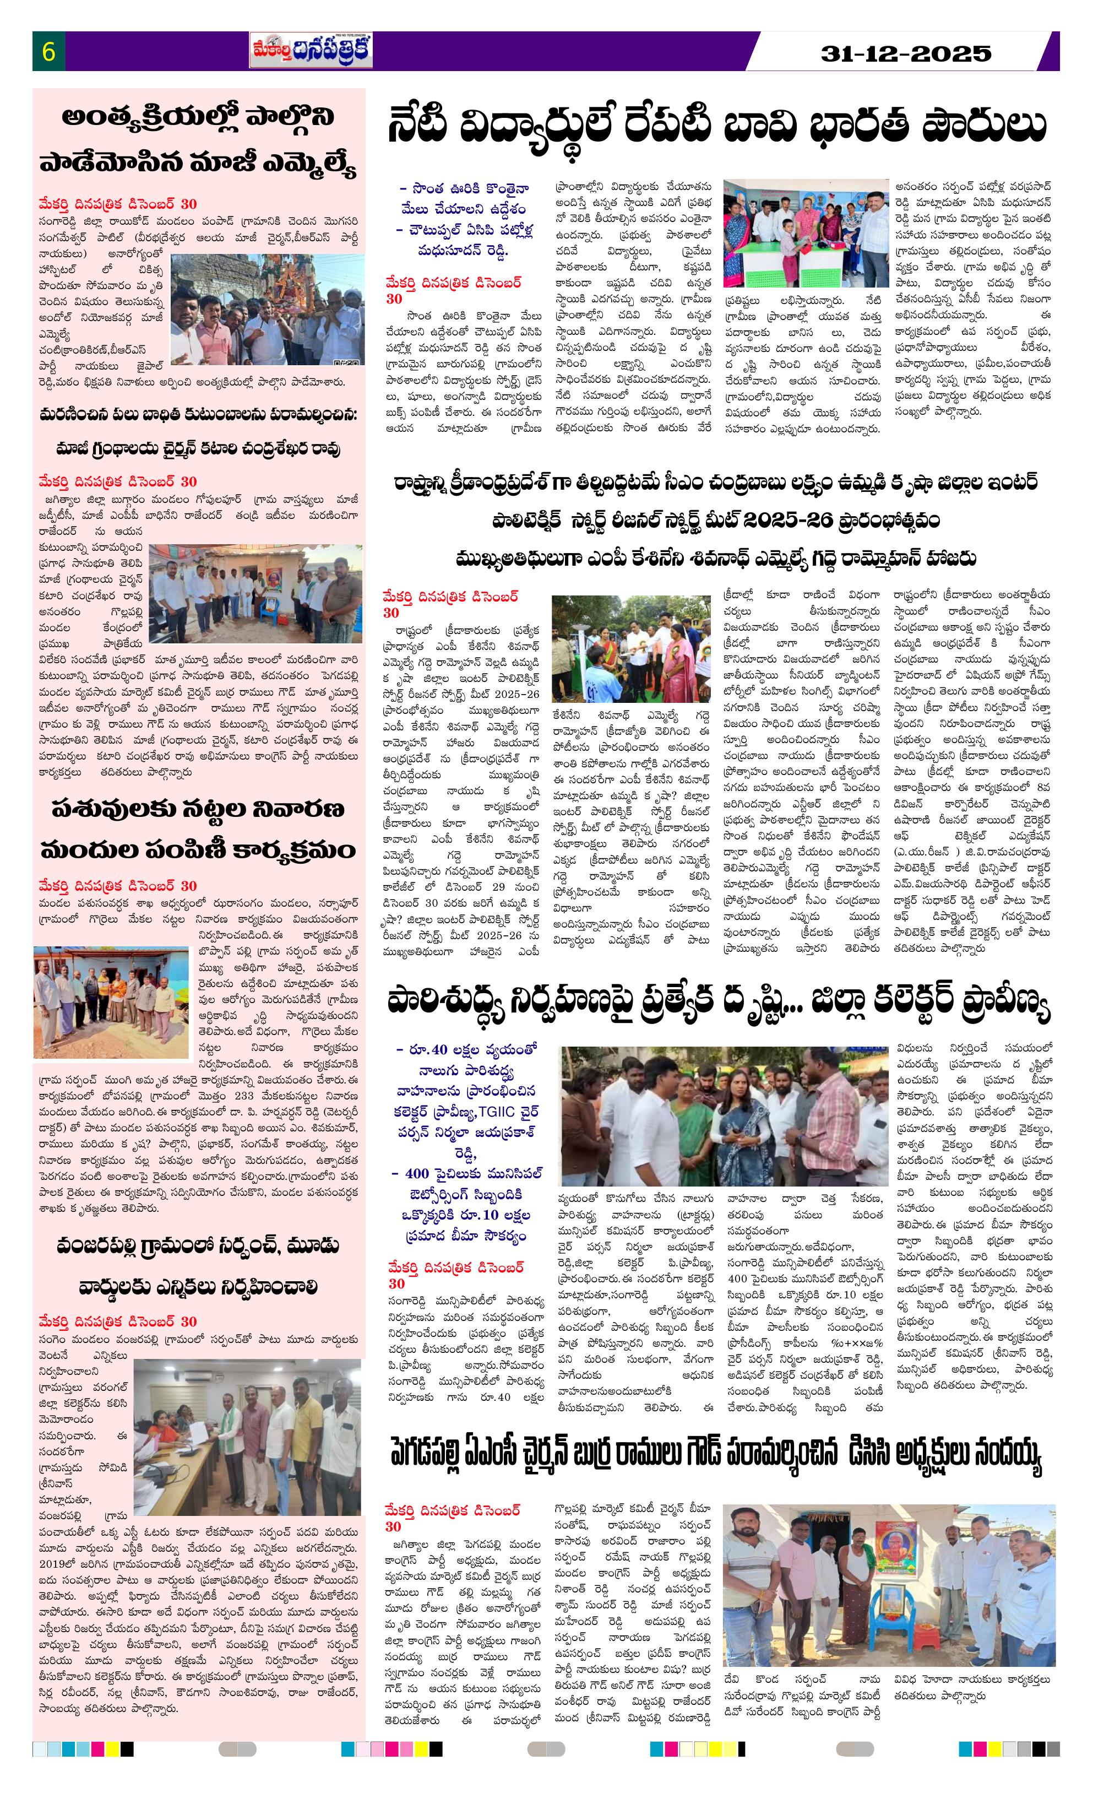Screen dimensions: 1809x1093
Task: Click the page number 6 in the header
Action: click(x=49, y=52)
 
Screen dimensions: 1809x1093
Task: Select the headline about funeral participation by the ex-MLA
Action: click(x=198, y=141)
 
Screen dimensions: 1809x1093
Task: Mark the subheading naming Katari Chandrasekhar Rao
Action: click(x=198, y=448)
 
